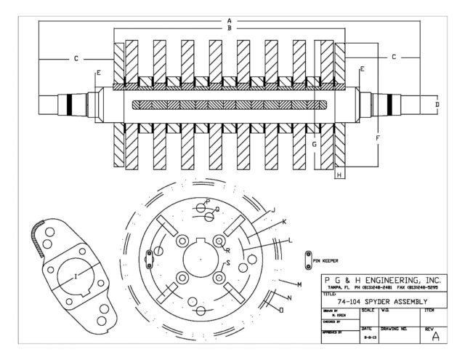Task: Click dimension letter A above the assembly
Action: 229,20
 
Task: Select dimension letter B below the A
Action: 229,28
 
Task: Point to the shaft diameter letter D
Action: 437,105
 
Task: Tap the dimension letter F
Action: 377,136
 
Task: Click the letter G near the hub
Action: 314,144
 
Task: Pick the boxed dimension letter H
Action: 338,175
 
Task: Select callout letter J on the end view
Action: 273,210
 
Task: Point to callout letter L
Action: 291,240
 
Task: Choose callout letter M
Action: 299,284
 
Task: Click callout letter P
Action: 207,201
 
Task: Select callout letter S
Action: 227,262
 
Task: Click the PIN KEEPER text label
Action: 327,259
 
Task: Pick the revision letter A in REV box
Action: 435,335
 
